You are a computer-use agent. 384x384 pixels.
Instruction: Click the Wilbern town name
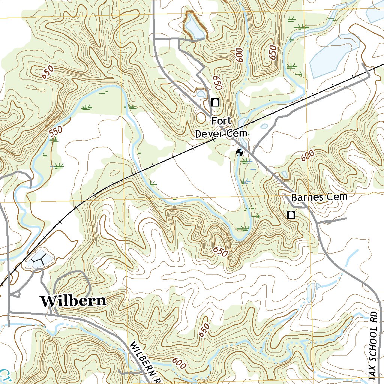pos(73,301)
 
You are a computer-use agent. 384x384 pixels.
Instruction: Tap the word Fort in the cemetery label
pos(222,121)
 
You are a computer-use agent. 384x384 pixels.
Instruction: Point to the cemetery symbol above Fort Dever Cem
pos(215,102)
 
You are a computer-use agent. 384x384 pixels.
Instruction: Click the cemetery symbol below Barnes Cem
pos(291,215)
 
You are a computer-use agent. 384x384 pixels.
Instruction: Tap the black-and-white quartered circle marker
pos(239,153)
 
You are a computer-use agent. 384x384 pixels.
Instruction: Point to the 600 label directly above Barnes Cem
pos(307,155)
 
